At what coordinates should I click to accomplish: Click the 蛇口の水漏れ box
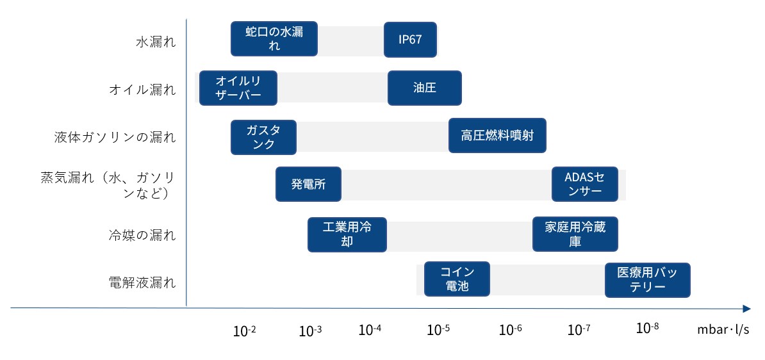[x=274, y=38]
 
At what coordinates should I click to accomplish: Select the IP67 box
[x=410, y=39]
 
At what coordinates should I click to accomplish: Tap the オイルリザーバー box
[x=238, y=88]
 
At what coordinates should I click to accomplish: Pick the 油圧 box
[x=424, y=88]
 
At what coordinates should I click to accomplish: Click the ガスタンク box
[x=263, y=137]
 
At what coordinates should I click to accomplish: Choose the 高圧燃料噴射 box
[x=497, y=135]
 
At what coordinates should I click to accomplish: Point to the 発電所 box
[x=308, y=184]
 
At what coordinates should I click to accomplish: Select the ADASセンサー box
[x=585, y=184]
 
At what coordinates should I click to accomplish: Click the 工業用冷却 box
[x=347, y=234]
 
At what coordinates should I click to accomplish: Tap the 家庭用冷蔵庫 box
[x=575, y=234]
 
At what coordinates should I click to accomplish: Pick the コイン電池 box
[x=457, y=279]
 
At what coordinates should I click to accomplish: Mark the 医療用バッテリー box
[x=647, y=280]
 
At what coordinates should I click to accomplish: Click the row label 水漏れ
[x=156, y=42]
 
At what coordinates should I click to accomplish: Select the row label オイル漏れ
[x=142, y=90]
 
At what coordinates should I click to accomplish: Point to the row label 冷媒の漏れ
[x=142, y=235]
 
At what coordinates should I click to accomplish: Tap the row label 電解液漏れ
[x=142, y=283]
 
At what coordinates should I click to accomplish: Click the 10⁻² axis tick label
[x=245, y=331]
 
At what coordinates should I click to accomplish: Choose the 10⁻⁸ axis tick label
[x=647, y=329]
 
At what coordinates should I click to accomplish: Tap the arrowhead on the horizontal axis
[x=746, y=308]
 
